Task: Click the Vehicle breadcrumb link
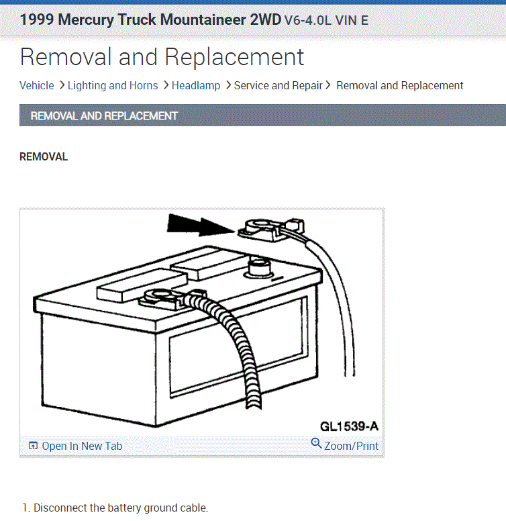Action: (x=37, y=85)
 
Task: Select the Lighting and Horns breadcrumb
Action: (x=113, y=85)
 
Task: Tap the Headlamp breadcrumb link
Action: (x=196, y=85)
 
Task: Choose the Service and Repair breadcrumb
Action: (x=278, y=85)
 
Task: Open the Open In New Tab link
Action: (x=82, y=446)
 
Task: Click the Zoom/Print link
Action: (x=351, y=446)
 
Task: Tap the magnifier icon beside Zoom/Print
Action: (x=317, y=444)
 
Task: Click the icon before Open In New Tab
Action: (x=33, y=446)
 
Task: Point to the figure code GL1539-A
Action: (x=349, y=426)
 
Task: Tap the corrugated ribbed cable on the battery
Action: (x=238, y=349)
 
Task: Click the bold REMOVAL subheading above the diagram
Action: (x=44, y=157)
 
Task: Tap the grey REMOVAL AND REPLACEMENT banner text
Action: (x=104, y=115)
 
